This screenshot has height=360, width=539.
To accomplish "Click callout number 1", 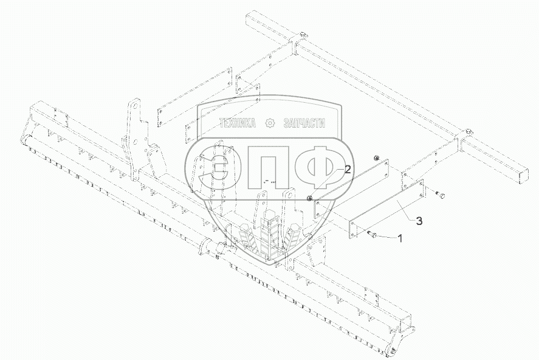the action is point(399,238).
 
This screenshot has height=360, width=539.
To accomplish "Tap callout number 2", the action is point(348,170).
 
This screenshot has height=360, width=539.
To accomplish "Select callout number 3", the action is point(419,221).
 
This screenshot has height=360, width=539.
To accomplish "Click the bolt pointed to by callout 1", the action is point(371,235).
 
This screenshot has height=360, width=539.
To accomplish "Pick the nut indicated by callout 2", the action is point(310,198).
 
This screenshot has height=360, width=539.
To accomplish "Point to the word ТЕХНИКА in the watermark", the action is point(238,123).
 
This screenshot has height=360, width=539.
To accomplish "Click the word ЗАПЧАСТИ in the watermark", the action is point(304,123).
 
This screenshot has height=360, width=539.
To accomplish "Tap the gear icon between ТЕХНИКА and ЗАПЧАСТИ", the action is point(270,123).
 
